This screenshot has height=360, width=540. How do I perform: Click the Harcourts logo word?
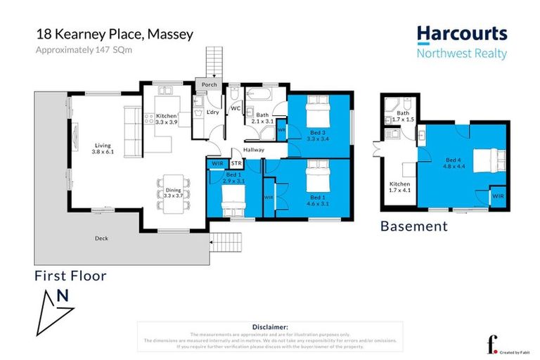[x=461, y=34]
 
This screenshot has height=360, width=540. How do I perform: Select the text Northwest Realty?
[x=461, y=54]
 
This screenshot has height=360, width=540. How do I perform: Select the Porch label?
[x=209, y=85]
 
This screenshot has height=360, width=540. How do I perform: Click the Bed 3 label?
[x=318, y=134]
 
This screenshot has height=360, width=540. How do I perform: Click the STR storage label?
[x=236, y=163]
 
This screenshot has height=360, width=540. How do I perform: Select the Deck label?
[x=102, y=238]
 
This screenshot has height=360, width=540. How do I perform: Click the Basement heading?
[x=413, y=226]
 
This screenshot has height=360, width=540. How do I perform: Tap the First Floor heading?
[x=70, y=276]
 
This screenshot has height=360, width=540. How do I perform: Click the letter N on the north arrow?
[x=63, y=296]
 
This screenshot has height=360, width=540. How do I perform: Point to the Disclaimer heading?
[x=270, y=327]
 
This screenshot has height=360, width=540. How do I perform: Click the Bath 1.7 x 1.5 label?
[x=403, y=116]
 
